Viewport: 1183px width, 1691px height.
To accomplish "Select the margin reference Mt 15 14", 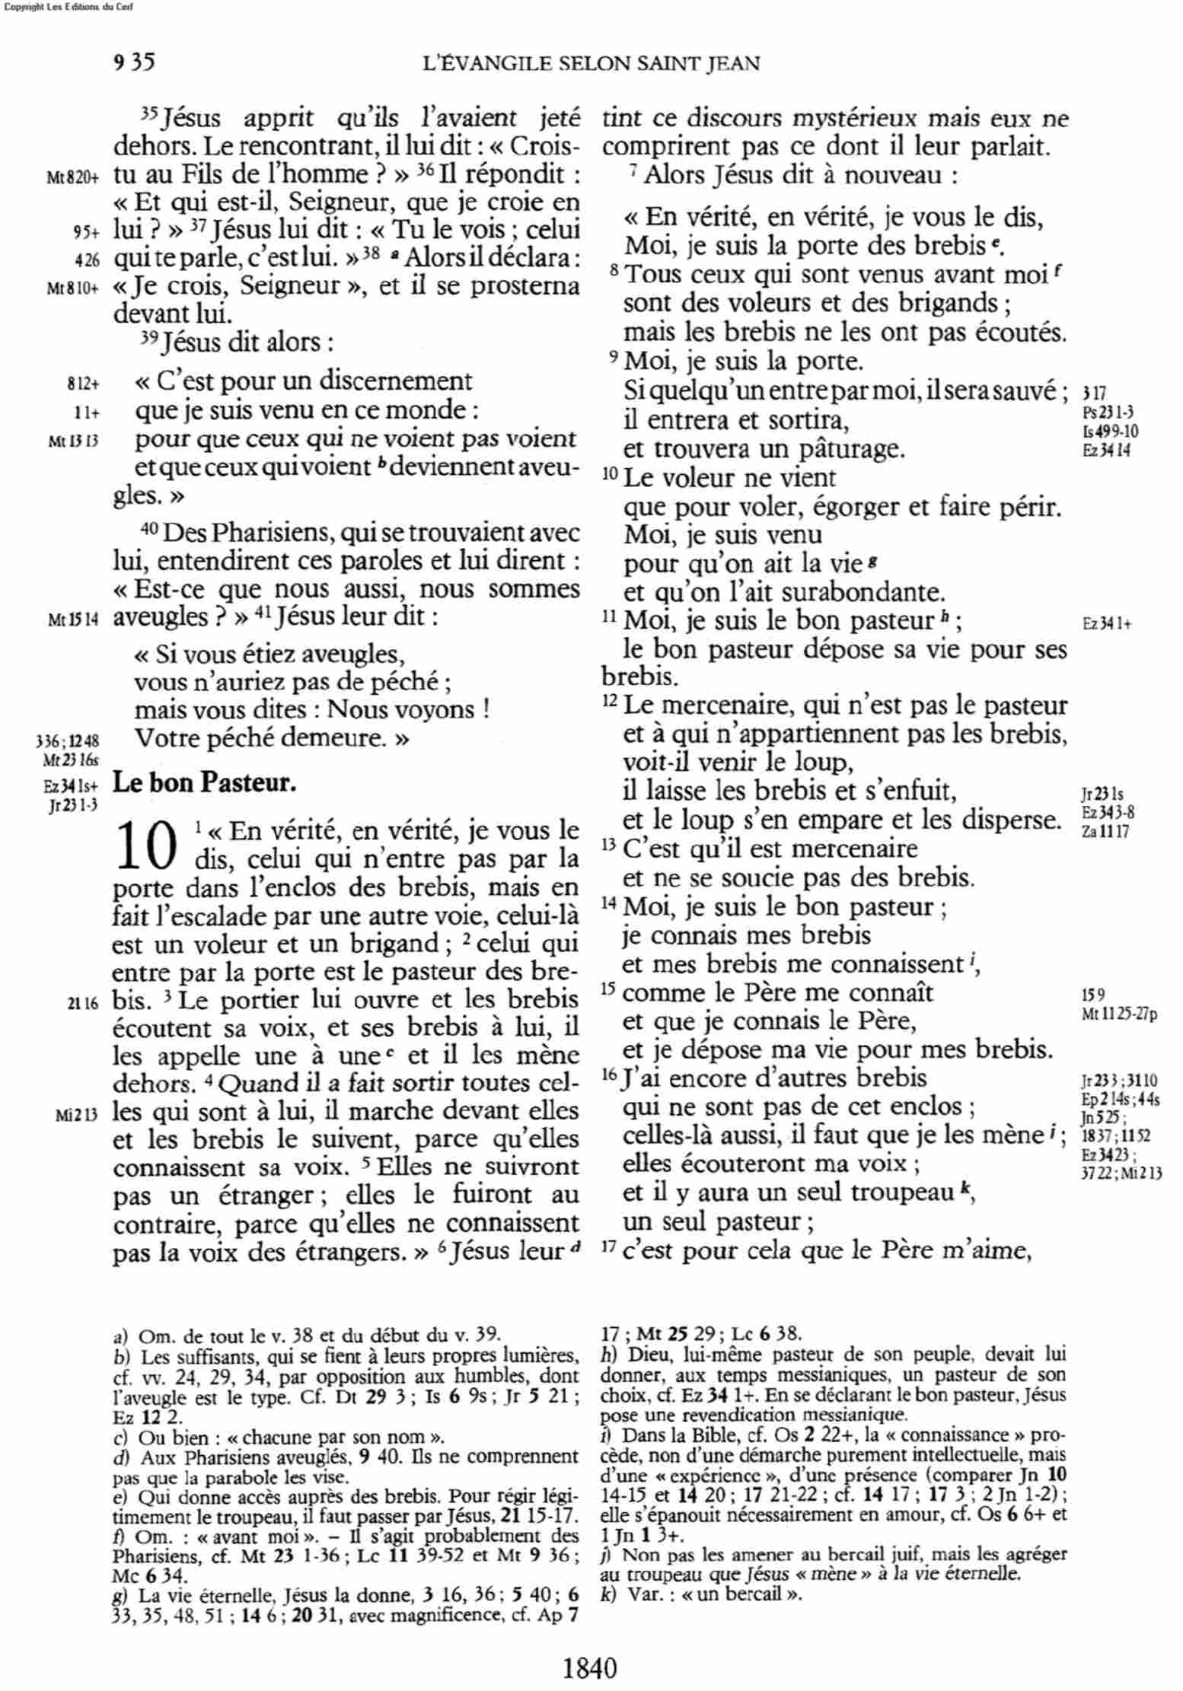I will [x=73, y=619].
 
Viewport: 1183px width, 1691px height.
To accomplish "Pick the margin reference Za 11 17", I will [x=1105, y=830].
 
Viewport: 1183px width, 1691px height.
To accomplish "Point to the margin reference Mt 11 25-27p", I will [x=1119, y=1015].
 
